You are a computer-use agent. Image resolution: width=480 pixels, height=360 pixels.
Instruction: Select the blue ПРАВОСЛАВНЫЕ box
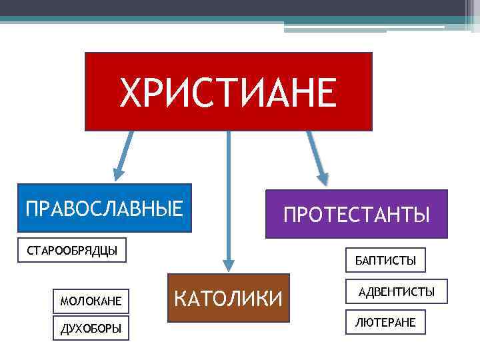104,207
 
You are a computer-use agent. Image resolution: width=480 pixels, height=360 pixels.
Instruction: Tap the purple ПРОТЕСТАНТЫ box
357,214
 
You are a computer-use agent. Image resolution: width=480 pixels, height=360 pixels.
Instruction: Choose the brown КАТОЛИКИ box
228,298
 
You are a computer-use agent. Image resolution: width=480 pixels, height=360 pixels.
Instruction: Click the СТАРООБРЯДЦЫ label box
72,251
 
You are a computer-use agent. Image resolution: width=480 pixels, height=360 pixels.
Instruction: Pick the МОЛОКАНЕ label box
91,301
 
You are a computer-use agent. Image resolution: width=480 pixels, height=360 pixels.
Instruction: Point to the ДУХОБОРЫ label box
91,328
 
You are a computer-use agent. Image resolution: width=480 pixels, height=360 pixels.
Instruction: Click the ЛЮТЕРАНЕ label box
386,322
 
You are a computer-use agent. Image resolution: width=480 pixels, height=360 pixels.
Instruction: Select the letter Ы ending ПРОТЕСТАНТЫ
423,215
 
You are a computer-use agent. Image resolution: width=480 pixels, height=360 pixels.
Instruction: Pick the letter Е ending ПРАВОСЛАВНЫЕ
177,207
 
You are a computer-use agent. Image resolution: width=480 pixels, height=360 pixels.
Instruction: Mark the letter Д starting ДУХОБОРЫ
63,329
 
